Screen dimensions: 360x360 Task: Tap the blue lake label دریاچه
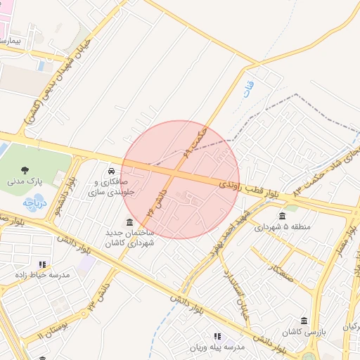34,202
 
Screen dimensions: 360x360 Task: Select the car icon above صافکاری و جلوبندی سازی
111,171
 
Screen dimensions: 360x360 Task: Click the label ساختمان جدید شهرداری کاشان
129,238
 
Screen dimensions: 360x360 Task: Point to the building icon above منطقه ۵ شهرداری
282,216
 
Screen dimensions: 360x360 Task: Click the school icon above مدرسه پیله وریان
217,336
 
